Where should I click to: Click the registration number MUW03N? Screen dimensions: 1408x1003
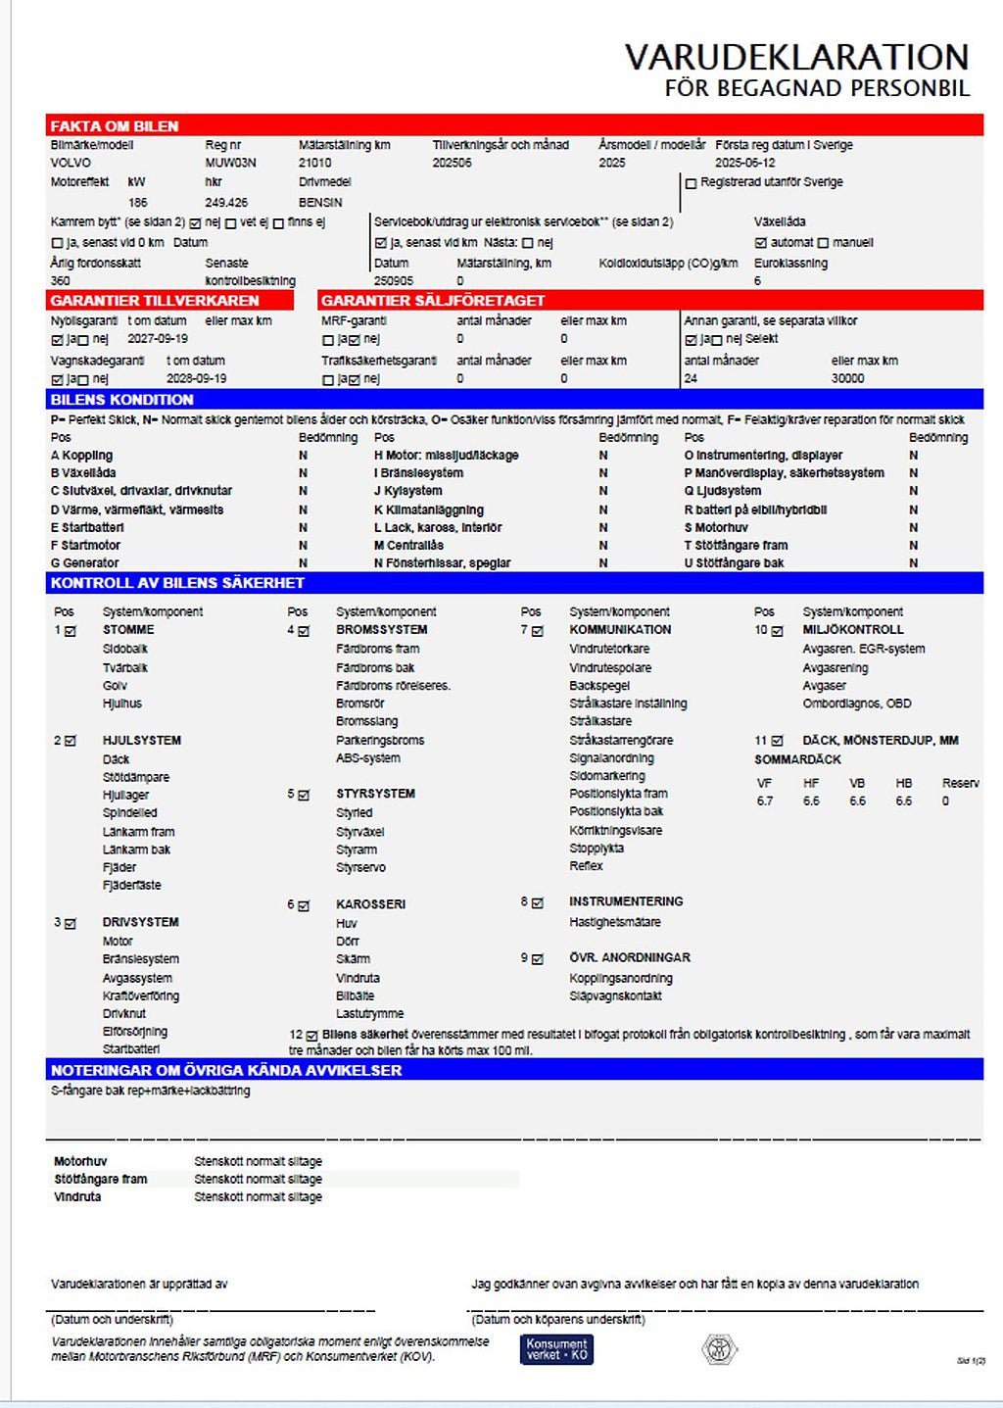[x=230, y=163]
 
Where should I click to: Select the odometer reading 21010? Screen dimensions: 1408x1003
[x=314, y=163]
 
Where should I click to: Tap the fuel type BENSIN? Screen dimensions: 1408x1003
[x=320, y=202]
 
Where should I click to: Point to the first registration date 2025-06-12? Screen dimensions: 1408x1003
[x=744, y=163]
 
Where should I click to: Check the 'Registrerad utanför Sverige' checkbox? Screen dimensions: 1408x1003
[x=691, y=183]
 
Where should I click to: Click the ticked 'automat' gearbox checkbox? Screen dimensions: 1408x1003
[x=760, y=243]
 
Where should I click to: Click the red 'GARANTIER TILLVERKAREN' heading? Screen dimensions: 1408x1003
[x=155, y=301]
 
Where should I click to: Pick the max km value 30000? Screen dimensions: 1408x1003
[x=847, y=378]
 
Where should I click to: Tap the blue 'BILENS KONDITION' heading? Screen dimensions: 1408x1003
[x=121, y=400]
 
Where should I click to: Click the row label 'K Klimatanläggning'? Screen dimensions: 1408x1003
[x=428, y=510]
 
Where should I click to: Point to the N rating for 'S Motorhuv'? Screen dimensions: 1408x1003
[x=913, y=527]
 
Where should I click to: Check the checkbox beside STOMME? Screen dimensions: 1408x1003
[x=71, y=631]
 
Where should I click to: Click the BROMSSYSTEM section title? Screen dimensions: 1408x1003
[x=381, y=630]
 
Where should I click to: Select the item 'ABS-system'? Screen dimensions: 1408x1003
[x=367, y=757]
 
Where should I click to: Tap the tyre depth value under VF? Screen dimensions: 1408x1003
[x=764, y=801]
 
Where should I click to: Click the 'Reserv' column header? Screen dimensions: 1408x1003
[x=960, y=783]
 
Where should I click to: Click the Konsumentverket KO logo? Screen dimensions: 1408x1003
[x=556, y=1349]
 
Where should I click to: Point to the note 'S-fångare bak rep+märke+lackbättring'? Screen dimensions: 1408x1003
[x=150, y=1091]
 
